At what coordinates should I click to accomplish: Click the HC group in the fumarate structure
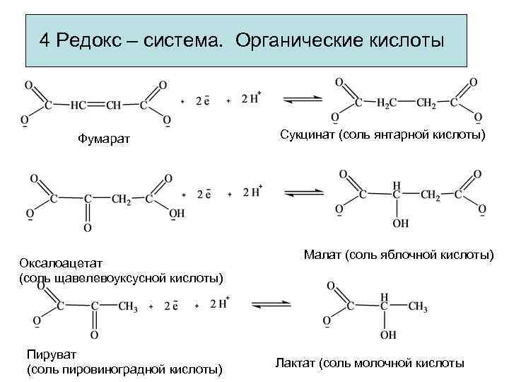click(x=78, y=105)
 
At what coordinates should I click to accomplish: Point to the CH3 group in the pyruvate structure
click(x=127, y=306)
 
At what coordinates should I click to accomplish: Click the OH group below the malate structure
click(x=400, y=224)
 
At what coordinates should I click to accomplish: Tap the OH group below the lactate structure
click(x=385, y=335)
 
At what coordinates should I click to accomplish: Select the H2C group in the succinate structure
click(x=386, y=104)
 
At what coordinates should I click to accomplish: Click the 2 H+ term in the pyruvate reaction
click(x=218, y=304)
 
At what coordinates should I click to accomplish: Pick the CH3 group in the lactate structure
click(x=417, y=306)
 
